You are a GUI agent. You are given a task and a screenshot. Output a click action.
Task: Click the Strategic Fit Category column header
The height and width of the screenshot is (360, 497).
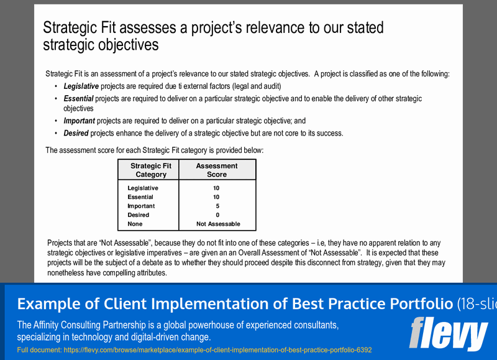click(x=151, y=170)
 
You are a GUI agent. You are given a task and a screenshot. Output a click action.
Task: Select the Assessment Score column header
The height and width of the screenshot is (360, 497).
click(x=217, y=170)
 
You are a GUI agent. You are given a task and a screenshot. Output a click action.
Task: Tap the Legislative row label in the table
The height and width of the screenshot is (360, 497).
click(x=142, y=188)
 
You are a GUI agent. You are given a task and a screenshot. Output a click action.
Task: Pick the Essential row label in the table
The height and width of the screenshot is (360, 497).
click(x=140, y=197)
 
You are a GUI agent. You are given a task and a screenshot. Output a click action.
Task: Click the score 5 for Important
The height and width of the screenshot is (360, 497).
click(x=217, y=206)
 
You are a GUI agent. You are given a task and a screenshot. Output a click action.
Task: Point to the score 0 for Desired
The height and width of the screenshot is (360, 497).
click(x=217, y=215)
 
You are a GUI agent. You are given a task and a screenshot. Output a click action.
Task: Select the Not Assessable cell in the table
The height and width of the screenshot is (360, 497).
click(x=218, y=224)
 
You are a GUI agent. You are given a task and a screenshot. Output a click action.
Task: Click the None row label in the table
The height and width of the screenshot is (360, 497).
click(x=135, y=224)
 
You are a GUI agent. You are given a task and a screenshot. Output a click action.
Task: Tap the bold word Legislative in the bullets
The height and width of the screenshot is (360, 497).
click(x=81, y=86)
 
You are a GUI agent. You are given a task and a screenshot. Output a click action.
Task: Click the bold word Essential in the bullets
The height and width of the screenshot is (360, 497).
click(x=78, y=99)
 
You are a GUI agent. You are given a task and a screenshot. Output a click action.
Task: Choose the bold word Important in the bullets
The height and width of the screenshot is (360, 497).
click(x=80, y=121)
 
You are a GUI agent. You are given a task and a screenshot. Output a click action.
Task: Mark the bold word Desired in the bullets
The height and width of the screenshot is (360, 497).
click(x=76, y=133)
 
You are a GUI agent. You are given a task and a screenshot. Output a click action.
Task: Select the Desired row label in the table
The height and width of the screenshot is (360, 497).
click(x=138, y=215)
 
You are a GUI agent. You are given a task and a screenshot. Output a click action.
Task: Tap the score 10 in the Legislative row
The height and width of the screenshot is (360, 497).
click(x=216, y=188)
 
